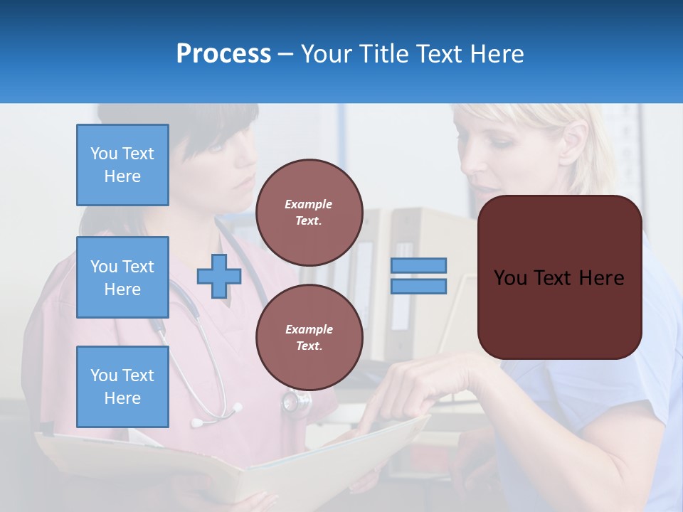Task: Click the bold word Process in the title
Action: click(x=223, y=54)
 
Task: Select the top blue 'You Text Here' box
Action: click(x=122, y=165)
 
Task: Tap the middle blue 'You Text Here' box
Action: click(x=122, y=277)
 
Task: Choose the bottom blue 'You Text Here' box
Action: click(x=122, y=387)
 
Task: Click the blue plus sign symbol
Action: click(x=218, y=277)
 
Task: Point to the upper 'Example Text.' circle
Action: click(x=309, y=213)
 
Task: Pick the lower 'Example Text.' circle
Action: click(x=309, y=338)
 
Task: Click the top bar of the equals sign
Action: click(x=418, y=265)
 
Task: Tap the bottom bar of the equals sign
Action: click(x=418, y=287)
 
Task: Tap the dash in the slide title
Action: click(x=285, y=54)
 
